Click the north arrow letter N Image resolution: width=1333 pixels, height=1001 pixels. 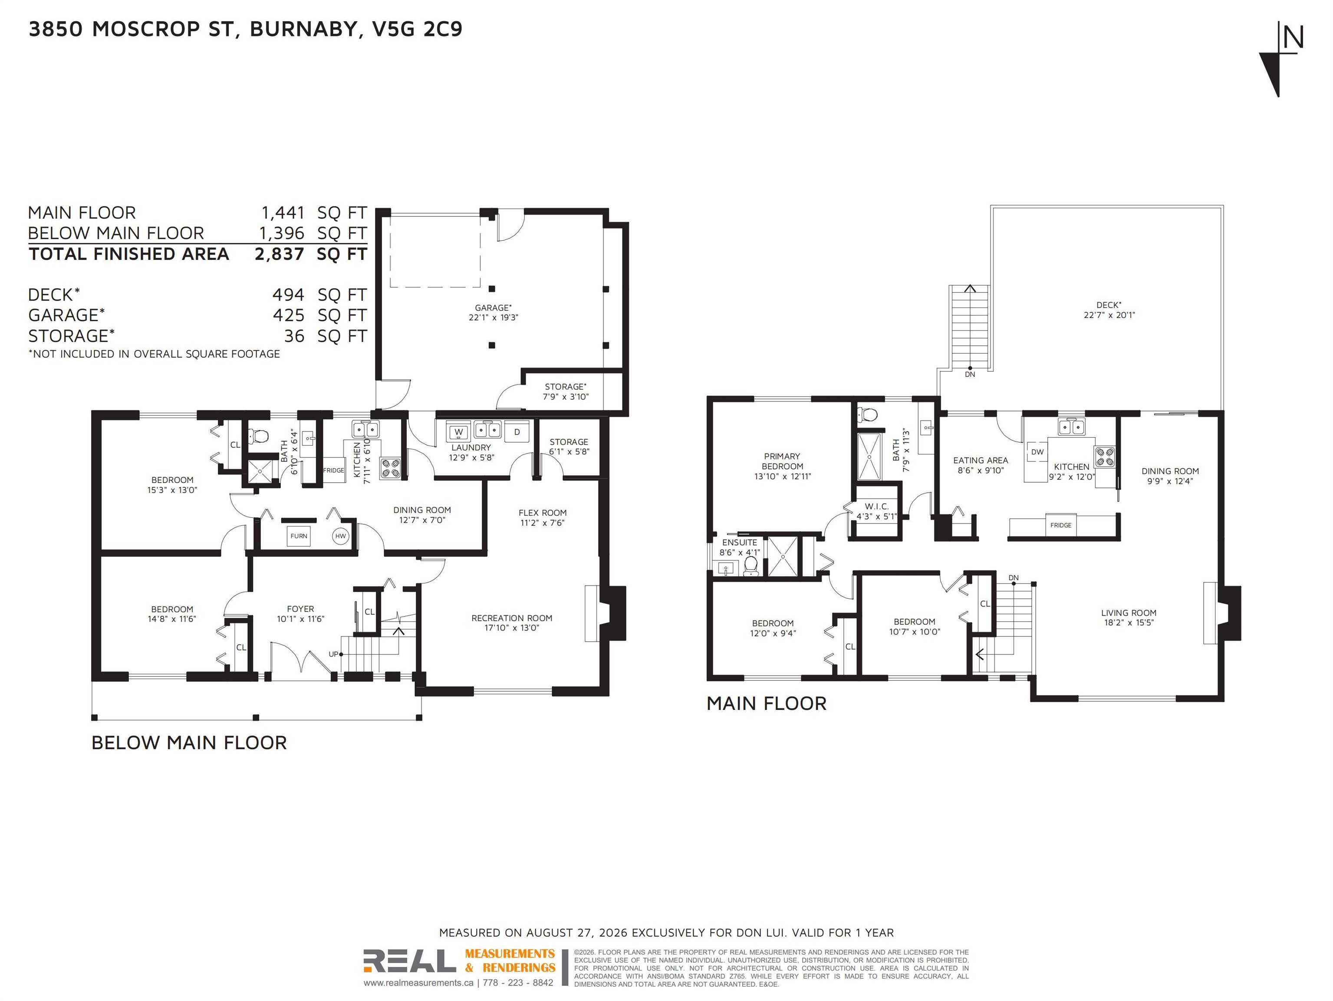click(x=1293, y=37)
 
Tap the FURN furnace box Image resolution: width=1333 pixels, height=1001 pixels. click(x=299, y=536)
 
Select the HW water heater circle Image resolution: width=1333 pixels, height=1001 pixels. click(x=340, y=536)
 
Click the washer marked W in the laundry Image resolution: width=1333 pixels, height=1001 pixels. click(x=459, y=432)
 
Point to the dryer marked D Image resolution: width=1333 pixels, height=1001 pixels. click(x=517, y=432)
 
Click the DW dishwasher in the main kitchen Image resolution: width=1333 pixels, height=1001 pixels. click(x=1037, y=452)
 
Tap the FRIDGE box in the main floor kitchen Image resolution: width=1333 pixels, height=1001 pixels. click(x=1060, y=525)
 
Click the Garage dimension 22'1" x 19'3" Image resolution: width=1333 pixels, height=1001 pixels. click(x=493, y=317)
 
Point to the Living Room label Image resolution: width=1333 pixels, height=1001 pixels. click(x=1129, y=613)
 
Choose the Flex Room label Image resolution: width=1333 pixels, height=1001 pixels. click(x=543, y=513)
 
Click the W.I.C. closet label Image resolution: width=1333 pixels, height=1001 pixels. click(x=876, y=506)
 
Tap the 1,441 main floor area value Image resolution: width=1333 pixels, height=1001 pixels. click(x=283, y=213)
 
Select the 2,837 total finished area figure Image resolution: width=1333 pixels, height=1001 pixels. click(x=280, y=254)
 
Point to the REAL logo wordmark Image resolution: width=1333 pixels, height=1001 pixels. click(x=410, y=961)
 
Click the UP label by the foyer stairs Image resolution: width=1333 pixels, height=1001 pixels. click(x=333, y=654)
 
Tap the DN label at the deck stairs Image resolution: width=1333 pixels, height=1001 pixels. click(x=970, y=375)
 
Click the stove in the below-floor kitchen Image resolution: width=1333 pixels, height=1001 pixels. click(x=390, y=468)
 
